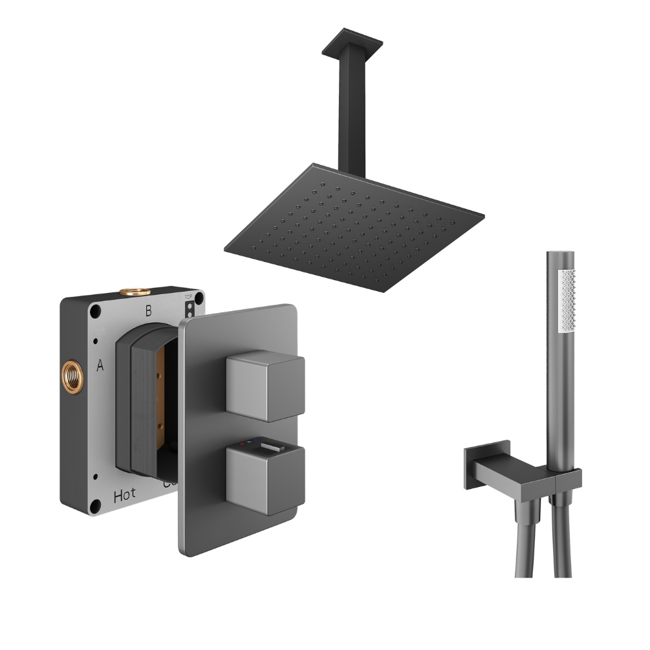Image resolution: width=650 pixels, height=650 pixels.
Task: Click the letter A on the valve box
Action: (x=100, y=366)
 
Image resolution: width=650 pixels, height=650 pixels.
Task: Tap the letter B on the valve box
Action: (x=148, y=311)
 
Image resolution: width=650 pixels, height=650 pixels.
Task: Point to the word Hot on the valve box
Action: (x=124, y=496)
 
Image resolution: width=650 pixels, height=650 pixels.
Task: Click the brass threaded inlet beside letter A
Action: (x=70, y=374)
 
